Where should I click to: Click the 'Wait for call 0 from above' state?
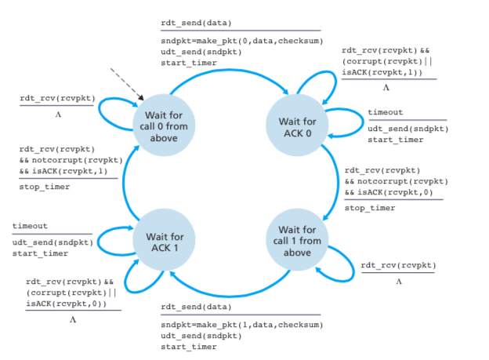coord(163,127)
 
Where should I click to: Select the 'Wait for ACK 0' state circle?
coord(297,127)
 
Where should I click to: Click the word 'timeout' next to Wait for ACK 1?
coord(30,226)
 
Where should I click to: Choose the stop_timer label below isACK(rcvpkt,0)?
coord(370,208)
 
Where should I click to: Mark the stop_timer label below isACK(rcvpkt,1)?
coord(44,187)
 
